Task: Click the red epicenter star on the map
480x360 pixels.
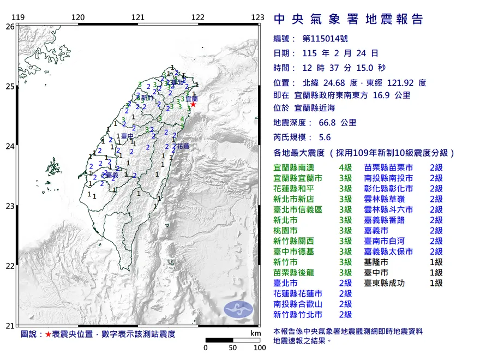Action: coord(193,104)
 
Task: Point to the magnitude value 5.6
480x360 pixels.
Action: coord(324,137)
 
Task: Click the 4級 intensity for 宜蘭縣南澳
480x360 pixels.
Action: coord(345,167)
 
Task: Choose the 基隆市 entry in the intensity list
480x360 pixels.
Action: coord(377,262)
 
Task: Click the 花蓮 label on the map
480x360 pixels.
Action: coord(182,146)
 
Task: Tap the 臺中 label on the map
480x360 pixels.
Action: coord(128,135)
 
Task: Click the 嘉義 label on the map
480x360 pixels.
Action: coord(112,175)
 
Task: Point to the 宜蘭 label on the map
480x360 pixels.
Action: coord(191,99)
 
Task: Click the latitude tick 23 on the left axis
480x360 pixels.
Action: coord(9,206)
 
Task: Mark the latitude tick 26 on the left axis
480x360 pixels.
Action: coord(9,26)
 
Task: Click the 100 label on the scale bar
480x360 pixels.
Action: coord(259,347)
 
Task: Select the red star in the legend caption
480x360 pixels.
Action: coord(48,334)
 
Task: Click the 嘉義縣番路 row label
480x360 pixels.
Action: coord(385,220)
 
